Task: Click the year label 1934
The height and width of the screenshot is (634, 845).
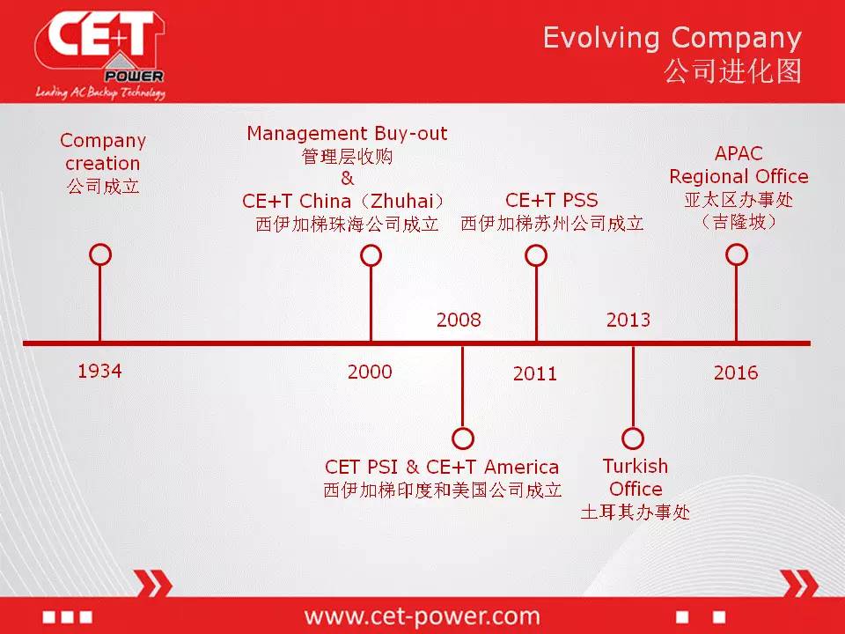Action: point(99,371)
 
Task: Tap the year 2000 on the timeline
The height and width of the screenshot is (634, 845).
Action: point(370,372)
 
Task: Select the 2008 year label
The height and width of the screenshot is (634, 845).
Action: point(459,320)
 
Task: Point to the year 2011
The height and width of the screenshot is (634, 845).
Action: point(535,373)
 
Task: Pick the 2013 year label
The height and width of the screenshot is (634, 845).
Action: point(628,320)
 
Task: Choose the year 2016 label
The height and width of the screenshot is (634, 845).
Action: point(736,372)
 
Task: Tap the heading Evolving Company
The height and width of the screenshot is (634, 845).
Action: point(672,39)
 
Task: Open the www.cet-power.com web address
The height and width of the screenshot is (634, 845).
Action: point(422,616)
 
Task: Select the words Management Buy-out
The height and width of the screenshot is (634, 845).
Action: point(347,133)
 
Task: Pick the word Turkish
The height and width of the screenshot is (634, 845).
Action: point(636,466)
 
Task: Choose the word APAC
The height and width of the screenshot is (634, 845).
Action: point(738,153)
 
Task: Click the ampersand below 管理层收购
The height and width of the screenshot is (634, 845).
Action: point(347,178)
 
